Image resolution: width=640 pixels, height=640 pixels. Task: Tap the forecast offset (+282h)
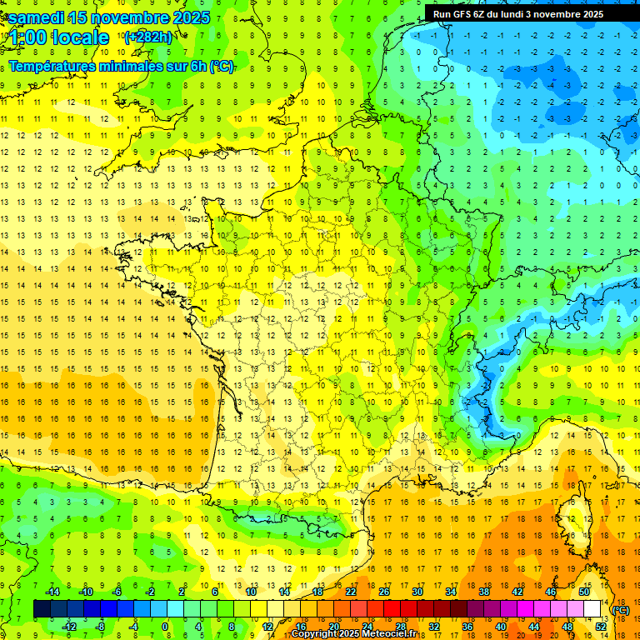[x=147, y=37]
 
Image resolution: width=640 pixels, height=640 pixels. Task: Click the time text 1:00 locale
[x=59, y=37]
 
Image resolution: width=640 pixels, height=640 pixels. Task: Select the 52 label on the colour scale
[x=601, y=626]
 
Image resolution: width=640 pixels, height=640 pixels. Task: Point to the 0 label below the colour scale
[x=165, y=626]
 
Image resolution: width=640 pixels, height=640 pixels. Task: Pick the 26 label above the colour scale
[x=384, y=591]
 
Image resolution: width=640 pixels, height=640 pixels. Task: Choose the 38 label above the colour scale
[x=484, y=591]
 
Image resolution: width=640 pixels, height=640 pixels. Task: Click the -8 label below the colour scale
[x=99, y=626]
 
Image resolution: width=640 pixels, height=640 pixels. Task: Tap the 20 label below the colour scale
[x=333, y=626]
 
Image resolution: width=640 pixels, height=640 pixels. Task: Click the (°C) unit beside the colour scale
[x=620, y=609]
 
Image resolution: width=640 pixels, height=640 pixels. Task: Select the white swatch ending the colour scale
[x=592, y=609]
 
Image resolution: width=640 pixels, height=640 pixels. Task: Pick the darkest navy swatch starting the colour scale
[x=42, y=609]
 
